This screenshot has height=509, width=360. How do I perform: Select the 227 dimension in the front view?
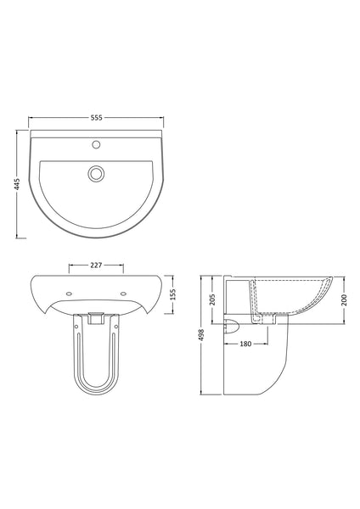95,265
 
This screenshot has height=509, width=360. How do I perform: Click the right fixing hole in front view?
125,294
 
